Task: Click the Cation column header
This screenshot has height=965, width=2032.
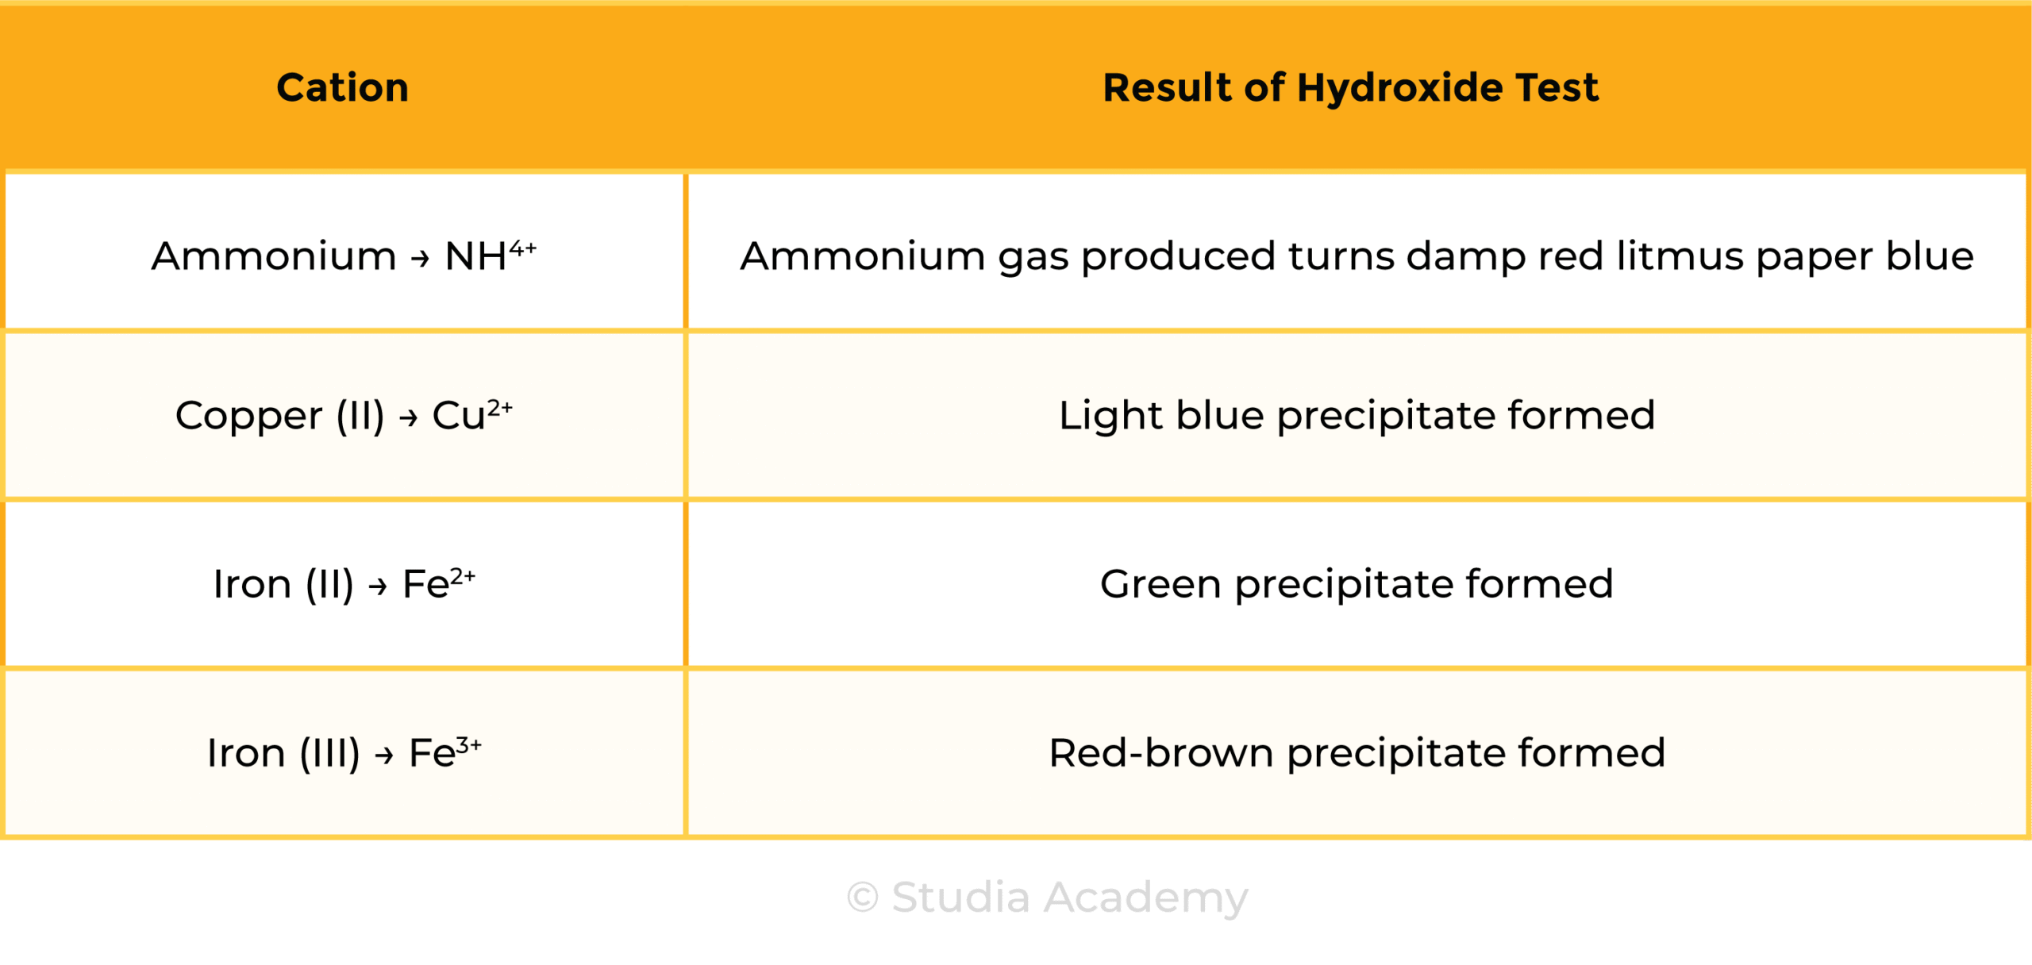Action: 342,87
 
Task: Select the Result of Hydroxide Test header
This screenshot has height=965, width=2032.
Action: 1350,87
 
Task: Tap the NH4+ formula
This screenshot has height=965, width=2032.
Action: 491,255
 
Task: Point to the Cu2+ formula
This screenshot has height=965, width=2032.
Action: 472,414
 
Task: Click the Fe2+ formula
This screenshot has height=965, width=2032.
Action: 439,583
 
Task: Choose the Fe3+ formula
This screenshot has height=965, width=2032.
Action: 445,752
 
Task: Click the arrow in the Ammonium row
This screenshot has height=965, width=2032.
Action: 420,257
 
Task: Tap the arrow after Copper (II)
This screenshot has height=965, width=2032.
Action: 408,417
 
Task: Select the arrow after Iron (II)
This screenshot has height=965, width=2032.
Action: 378,586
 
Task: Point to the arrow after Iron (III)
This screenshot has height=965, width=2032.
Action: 384,755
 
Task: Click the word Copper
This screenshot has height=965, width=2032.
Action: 248,416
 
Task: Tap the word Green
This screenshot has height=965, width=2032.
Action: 1160,583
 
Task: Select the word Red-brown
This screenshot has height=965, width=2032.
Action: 1160,752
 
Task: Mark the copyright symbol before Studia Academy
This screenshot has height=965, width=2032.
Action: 863,898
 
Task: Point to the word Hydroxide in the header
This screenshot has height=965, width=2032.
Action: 1399,88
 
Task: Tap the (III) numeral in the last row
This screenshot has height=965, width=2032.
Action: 329,752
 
